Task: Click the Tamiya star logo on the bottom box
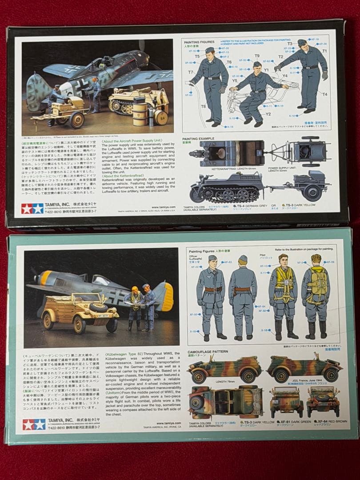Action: tap(34, 424)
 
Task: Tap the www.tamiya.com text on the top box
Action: tap(163, 207)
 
